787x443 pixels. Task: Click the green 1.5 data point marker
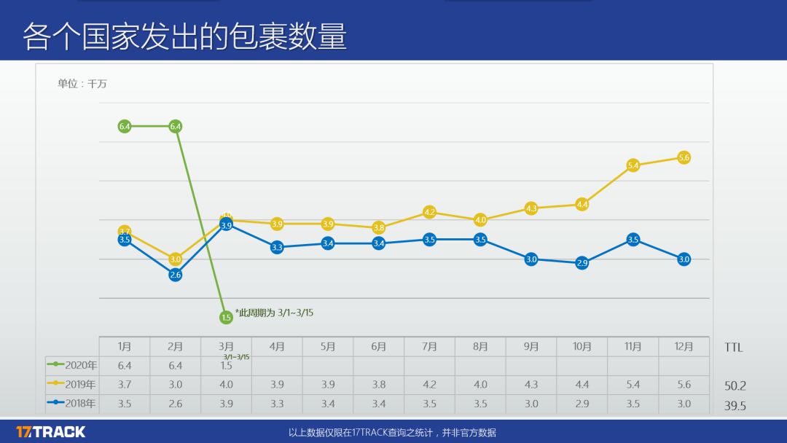coord(226,317)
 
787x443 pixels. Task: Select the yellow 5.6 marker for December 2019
coord(684,157)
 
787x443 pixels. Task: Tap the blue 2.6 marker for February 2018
coord(175,275)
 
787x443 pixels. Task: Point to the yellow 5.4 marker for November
coord(633,165)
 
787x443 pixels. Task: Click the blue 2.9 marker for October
coord(582,263)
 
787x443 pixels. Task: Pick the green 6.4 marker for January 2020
coord(125,126)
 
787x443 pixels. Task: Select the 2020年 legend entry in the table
coord(72,365)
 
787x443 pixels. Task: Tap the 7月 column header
coord(429,347)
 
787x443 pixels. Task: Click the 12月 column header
coord(684,347)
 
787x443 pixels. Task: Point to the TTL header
coord(734,348)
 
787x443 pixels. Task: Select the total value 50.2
coord(735,386)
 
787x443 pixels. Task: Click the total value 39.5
coord(735,406)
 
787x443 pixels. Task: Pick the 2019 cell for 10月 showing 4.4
coord(582,385)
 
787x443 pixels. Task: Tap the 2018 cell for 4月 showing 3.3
coord(277,404)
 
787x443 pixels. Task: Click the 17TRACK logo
coord(51,431)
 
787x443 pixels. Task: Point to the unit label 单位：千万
coord(82,84)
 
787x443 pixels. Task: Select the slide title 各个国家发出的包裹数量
coord(184,36)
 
